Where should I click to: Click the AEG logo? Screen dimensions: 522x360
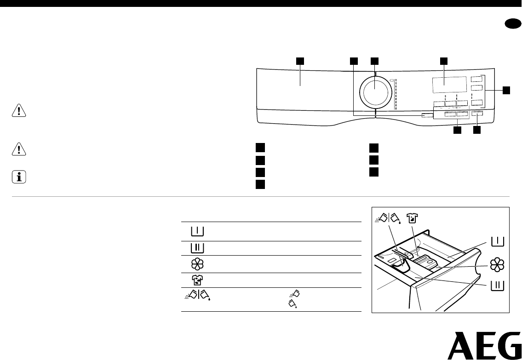[x=484, y=345]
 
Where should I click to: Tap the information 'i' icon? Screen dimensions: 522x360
[x=19, y=177]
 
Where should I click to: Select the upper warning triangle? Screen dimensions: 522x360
[x=19, y=110]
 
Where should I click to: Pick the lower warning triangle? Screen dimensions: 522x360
[x=19, y=149]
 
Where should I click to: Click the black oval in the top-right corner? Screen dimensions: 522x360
[x=513, y=25]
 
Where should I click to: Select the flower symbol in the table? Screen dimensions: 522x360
[x=197, y=264]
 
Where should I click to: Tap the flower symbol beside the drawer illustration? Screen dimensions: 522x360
[x=497, y=265]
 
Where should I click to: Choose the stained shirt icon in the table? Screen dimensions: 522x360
[x=197, y=280]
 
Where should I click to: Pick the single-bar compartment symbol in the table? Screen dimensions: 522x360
[x=197, y=231]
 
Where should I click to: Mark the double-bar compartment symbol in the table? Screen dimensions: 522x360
[x=197, y=248]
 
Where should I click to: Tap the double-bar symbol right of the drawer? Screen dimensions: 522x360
[x=497, y=286]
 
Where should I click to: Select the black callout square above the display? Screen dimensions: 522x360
[x=443, y=61]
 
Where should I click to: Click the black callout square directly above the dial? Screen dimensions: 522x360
[x=375, y=61]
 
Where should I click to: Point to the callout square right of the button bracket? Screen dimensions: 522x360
[x=506, y=90]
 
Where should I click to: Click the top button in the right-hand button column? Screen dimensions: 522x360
[x=476, y=79]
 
